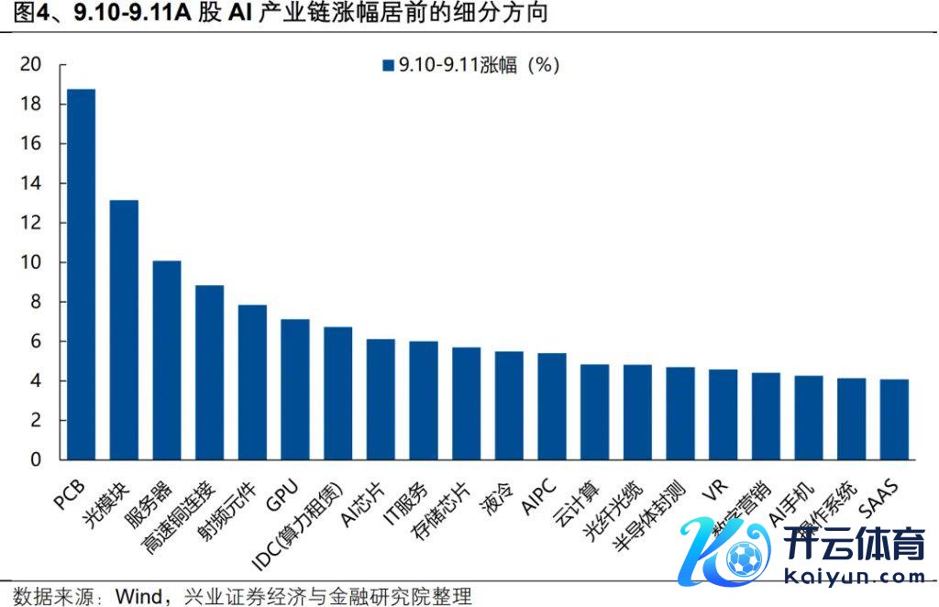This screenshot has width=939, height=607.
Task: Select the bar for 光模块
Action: click(x=124, y=329)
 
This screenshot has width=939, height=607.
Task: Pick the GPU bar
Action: click(x=295, y=389)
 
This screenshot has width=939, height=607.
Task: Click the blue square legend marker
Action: click(x=388, y=65)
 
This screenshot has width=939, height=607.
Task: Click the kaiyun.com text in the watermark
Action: click(x=856, y=576)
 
